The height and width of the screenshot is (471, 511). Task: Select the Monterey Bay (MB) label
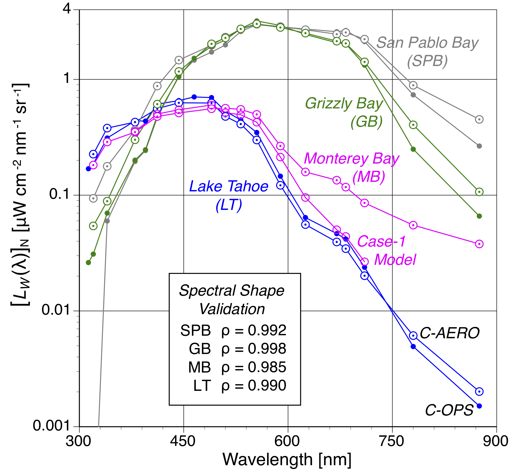click(x=351, y=168)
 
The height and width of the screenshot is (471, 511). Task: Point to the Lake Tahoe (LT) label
click(x=229, y=196)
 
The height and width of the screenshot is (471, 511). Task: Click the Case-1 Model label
click(x=386, y=250)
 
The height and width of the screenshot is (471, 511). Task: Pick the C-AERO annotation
click(x=450, y=333)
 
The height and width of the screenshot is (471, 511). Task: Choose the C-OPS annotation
click(x=449, y=410)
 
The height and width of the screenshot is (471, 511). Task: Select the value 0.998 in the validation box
click(x=267, y=349)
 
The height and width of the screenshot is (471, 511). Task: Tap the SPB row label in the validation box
click(x=195, y=330)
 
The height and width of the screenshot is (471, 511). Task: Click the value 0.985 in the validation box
click(x=267, y=367)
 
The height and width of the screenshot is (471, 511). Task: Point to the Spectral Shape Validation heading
click(x=232, y=300)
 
